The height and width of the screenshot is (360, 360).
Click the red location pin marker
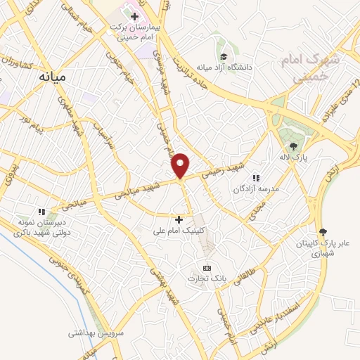coord(181,165)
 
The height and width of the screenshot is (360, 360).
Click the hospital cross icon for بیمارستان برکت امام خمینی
coord(134,15)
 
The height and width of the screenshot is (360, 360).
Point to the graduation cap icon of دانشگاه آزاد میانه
coord(223,56)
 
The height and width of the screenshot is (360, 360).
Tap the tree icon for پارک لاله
coord(292,146)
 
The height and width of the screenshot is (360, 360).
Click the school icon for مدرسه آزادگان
coord(256,178)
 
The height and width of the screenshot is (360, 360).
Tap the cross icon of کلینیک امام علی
coord(179,219)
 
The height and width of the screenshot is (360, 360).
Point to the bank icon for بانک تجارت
coord(206,268)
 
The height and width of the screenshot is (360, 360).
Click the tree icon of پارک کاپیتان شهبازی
coord(323,232)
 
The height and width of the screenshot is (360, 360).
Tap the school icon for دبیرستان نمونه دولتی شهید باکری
coord(41,211)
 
